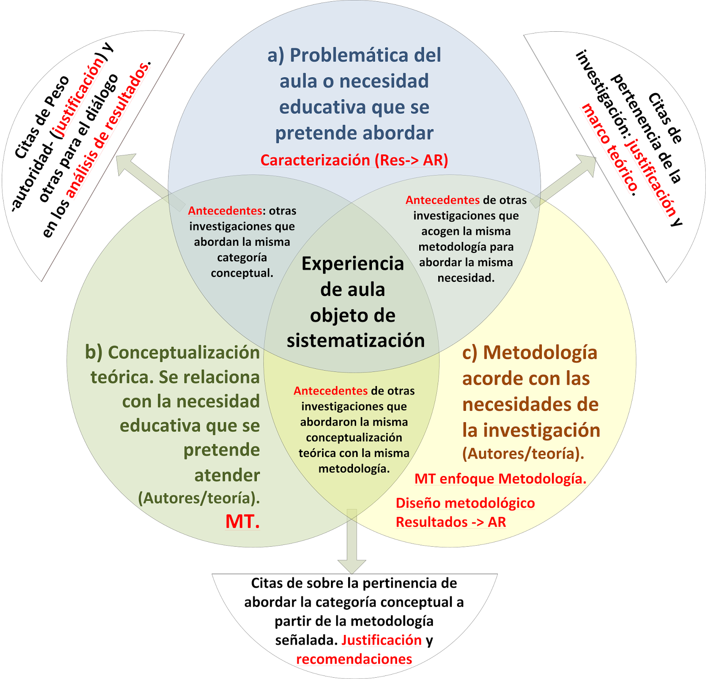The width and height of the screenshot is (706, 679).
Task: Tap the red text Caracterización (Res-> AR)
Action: [x=354, y=160]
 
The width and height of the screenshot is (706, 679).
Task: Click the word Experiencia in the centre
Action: [x=353, y=264]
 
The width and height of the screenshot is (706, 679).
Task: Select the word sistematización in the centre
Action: [x=356, y=341]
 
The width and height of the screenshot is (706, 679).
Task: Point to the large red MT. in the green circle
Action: [x=243, y=521]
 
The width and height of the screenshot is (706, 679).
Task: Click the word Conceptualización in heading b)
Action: [x=184, y=353]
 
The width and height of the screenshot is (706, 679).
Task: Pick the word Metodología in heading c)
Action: [x=540, y=353]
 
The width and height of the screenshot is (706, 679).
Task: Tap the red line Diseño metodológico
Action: [x=465, y=503]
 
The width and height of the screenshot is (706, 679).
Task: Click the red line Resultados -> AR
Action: [x=451, y=522]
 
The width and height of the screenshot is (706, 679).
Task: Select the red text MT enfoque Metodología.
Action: [x=500, y=479]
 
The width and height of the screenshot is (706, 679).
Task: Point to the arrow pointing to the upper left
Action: [x=150, y=181]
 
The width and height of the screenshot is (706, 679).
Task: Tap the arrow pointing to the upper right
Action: [x=563, y=181]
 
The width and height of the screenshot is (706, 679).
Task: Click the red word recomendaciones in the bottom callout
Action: [x=354, y=659]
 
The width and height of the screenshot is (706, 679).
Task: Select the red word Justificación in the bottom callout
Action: [x=382, y=640]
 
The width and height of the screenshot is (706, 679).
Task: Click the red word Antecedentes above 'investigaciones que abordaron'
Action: [x=330, y=391]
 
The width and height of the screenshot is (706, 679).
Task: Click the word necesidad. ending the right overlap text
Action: [x=466, y=278]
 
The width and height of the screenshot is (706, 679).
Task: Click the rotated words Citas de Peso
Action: [x=42, y=117]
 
